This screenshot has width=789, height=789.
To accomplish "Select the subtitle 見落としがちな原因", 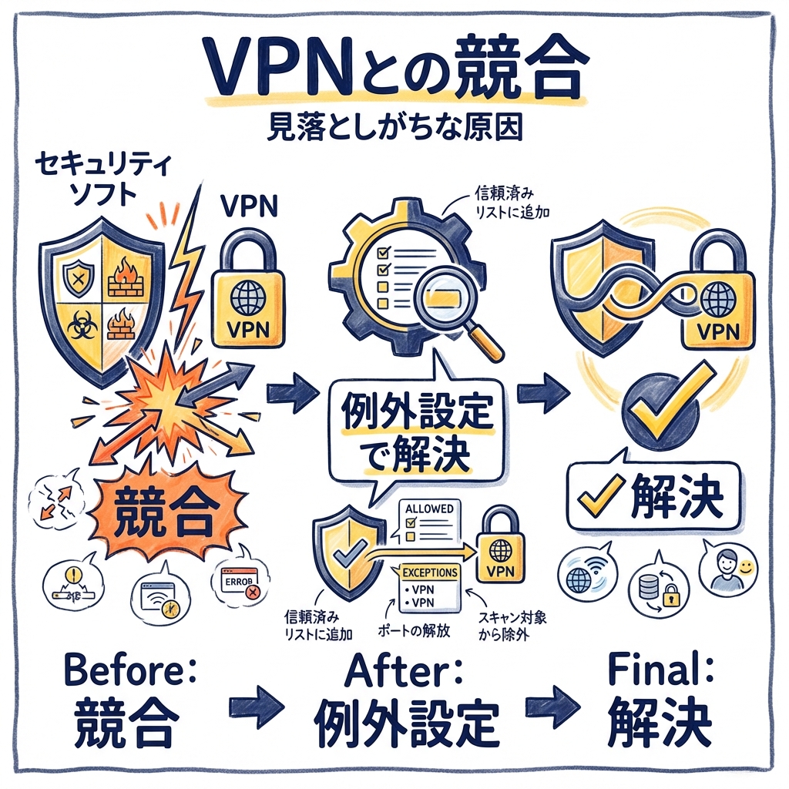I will click(x=394, y=126).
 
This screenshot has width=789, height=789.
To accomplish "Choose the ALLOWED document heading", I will click(x=428, y=510).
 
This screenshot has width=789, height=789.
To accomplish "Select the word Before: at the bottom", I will click(x=131, y=670).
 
